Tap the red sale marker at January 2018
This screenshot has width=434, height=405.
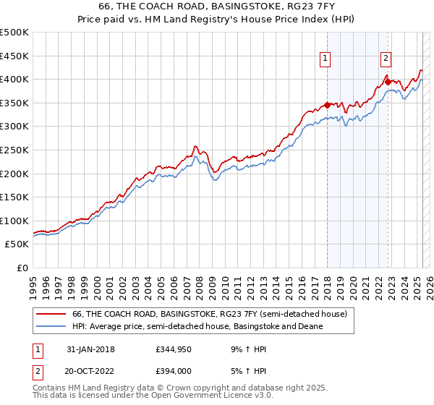point(327,104)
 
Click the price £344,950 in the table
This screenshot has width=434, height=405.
point(175,349)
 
